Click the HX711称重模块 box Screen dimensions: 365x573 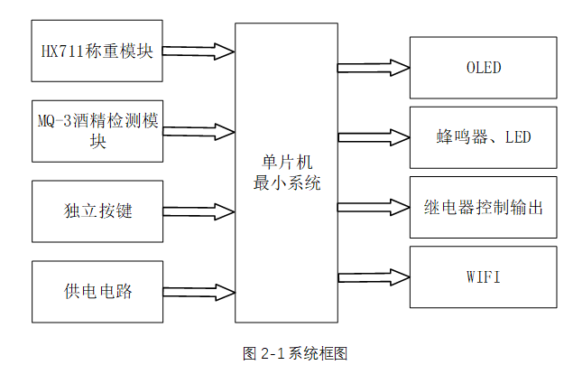pos(97,51)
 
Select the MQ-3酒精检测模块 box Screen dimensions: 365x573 pos(97,131)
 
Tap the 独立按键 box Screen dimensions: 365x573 pos(97,211)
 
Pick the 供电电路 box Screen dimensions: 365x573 pos(97,291)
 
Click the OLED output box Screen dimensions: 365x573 pos(483,68)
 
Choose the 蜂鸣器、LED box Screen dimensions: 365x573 pos(483,137)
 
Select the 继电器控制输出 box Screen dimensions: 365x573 pos(483,207)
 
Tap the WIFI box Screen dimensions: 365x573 pos(483,276)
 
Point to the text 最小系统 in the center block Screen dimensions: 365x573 pos(287,181)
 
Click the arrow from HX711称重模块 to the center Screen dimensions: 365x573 pos(199,51)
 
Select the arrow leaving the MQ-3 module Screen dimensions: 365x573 pos(199,131)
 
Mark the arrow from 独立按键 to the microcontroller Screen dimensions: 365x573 pos(199,211)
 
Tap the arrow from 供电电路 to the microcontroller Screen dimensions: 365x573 pos(199,291)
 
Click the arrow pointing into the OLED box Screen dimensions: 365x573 pos(374,68)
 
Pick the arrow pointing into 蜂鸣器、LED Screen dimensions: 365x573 pos(374,137)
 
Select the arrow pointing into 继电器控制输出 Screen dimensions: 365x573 pos(374,207)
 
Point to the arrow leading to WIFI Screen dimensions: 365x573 pos(374,276)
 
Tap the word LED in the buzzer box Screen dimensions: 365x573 pos(518,137)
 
